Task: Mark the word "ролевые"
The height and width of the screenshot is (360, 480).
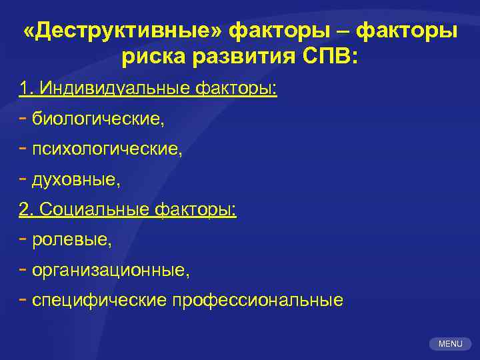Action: coord(72,240)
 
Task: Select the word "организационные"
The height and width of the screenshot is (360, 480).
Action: coord(111,270)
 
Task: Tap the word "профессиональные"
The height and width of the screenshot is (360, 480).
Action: coord(258,300)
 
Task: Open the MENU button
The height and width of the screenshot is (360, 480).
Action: coord(450,344)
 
